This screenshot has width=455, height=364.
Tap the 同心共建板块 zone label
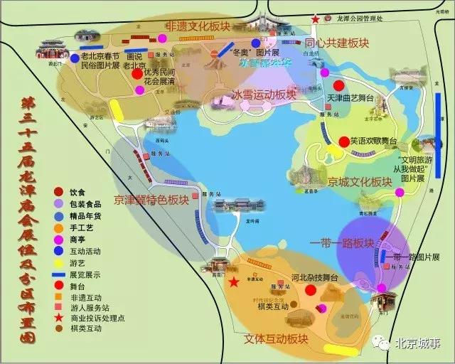337,43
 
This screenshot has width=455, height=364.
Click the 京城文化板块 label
360,182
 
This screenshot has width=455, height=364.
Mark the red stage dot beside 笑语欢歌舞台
343,141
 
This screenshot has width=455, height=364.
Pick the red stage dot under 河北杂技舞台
310,290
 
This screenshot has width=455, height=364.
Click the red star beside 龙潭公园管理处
315,19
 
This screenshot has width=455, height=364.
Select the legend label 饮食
77,192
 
